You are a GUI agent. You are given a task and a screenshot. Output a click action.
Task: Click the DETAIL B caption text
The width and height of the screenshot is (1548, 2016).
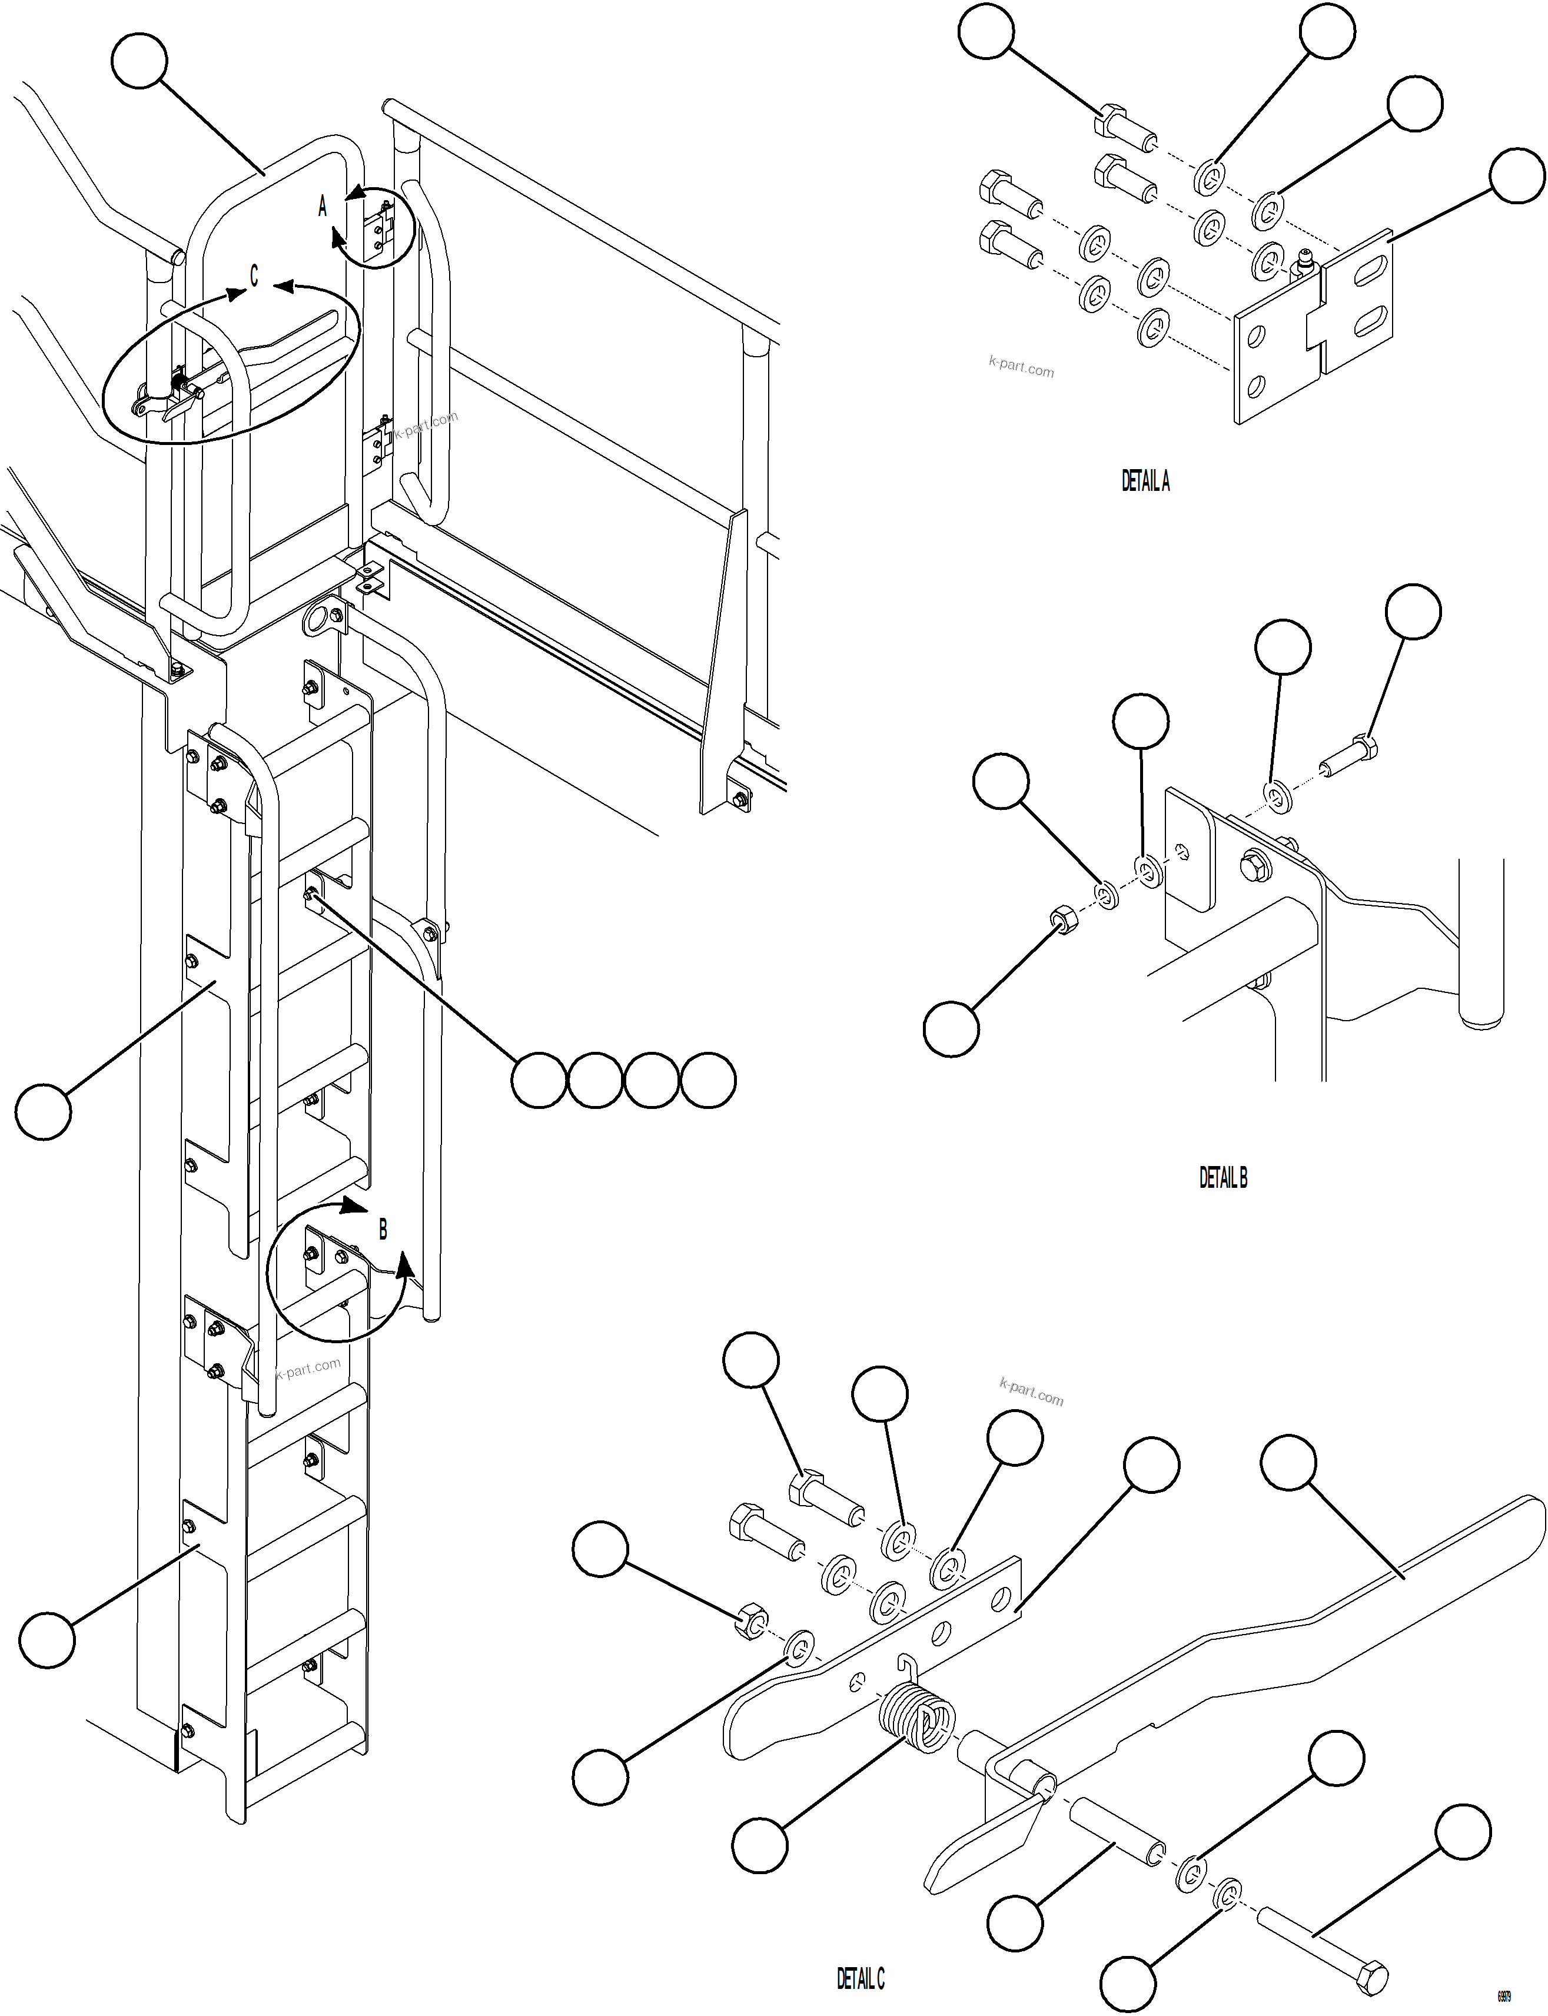(1223, 1178)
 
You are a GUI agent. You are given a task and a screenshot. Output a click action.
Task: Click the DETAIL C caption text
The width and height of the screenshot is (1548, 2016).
(860, 1978)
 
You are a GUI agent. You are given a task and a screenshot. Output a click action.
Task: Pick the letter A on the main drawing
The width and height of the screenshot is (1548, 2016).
(323, 207)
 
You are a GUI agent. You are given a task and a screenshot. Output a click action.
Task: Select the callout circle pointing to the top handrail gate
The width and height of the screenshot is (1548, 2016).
(139, 62)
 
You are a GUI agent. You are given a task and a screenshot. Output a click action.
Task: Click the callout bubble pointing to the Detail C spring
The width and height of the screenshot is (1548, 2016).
(760, 1845)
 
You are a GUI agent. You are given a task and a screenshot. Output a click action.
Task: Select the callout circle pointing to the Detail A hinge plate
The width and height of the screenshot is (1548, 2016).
(1517, 176)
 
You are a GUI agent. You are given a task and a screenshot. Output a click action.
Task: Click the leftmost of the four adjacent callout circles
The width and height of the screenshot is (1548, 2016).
(539, 1080)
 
